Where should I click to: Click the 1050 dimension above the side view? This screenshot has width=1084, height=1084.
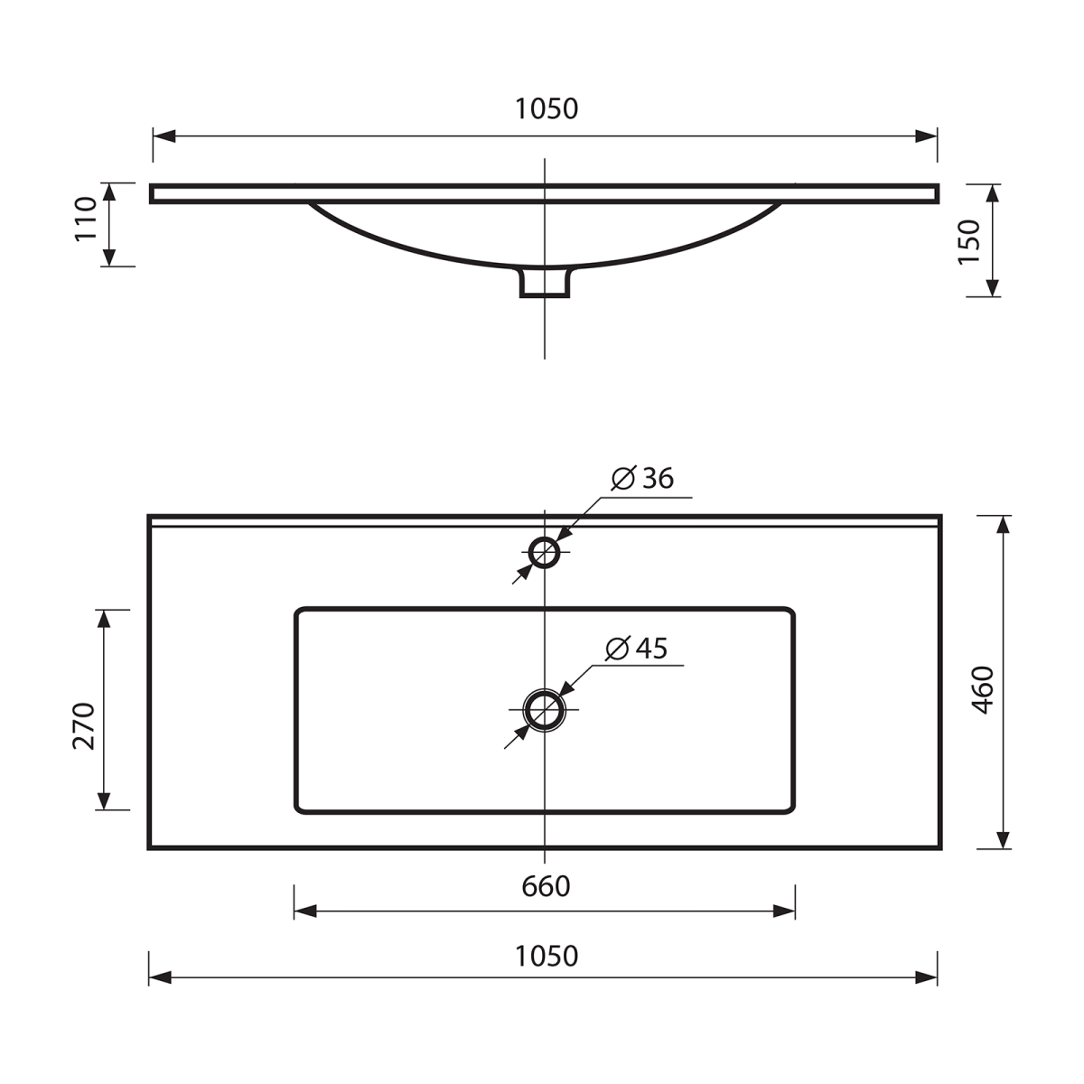click(x=547, y=109)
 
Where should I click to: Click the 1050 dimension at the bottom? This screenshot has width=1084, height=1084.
click(x=547, y=957)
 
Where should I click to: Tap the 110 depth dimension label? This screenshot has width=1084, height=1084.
click(x=86, y=220)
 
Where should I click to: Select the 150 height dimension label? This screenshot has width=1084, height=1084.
click(x=968, y=241)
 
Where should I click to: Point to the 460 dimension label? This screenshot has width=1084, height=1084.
click(x=984, y=690)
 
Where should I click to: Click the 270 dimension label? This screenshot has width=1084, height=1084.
click(x=83, y=725)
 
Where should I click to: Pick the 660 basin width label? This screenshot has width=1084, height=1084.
click(x=546, y=887)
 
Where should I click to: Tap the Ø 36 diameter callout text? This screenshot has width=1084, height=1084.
click(x=642, y=478)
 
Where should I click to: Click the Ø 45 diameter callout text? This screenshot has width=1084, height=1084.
click(x=636, y=649)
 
